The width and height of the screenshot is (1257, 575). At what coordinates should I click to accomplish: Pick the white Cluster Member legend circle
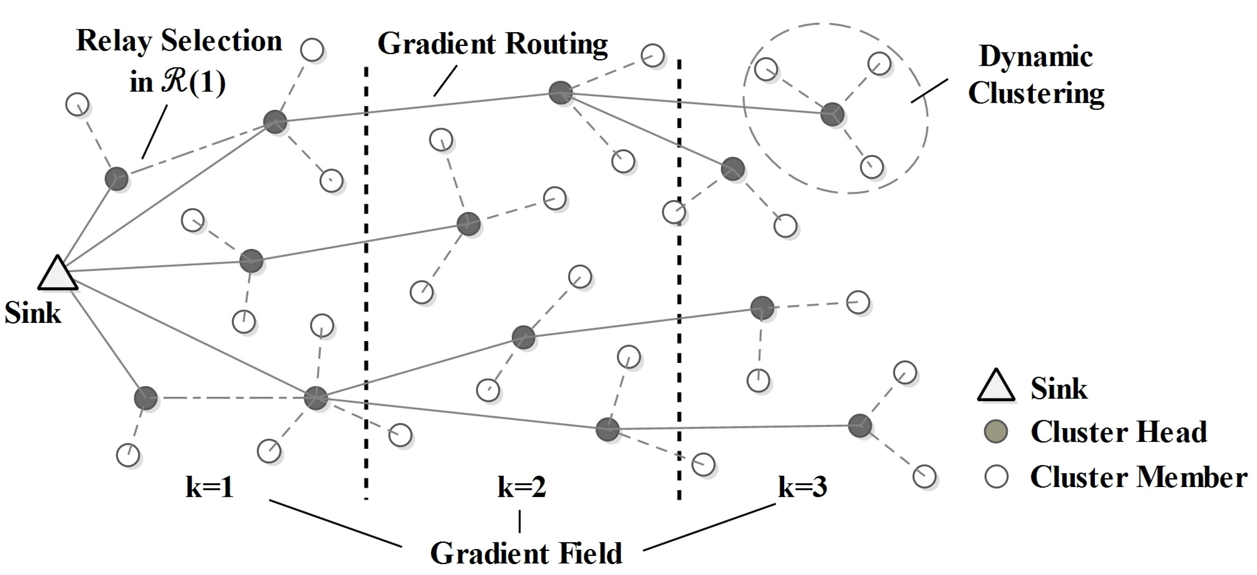click(x=996, y=476)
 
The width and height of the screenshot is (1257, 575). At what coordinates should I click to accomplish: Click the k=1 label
click(x=210, y=487)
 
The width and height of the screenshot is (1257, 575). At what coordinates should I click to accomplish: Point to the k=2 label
click(x=521, y=487)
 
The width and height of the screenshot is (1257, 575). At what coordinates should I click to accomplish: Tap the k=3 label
click(x=802, y=487)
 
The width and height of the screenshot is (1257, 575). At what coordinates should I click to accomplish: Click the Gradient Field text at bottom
click(x=526, y=553)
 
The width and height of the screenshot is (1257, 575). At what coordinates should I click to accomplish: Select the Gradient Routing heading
click(x=493, y=44)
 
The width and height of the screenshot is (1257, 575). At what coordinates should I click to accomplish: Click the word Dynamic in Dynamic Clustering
click(x=1035, y=57)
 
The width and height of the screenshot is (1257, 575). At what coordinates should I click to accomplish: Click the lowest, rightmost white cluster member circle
click(x=924, y=476)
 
